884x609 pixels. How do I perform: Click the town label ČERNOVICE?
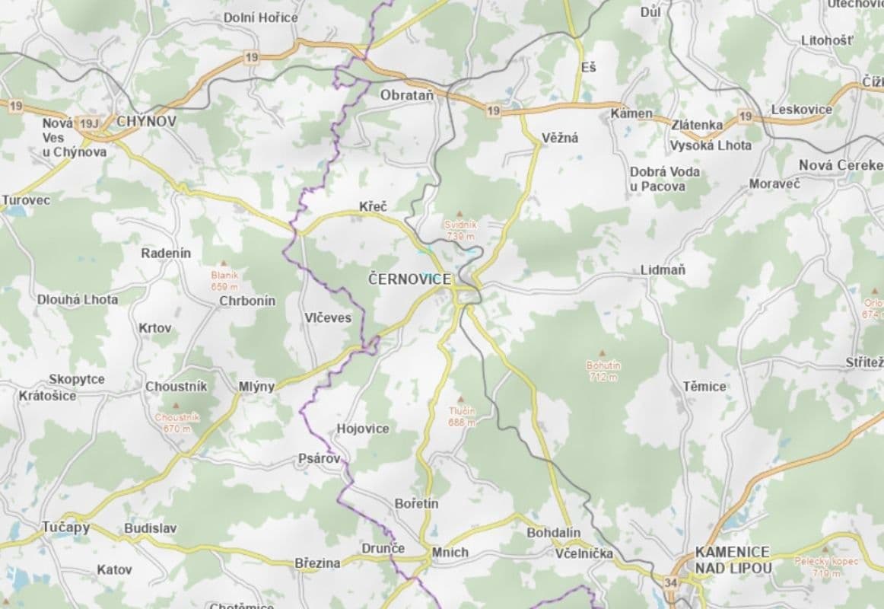coord(409,279)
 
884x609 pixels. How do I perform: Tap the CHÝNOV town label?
coord(146,121)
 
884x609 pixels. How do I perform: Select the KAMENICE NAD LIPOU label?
coord(733,560)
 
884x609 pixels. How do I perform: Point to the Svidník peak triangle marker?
coord(459,215)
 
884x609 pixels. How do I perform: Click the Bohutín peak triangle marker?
coord(602,353)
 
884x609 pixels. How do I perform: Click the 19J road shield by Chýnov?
coord(88,123)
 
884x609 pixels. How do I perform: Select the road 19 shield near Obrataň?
coord(494,111)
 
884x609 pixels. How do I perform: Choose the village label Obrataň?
coord(406,95)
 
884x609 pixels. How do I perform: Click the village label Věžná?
coord(560,138)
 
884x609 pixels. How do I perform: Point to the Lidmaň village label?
coord(663,269)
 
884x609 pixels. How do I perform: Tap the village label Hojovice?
coord(363,429)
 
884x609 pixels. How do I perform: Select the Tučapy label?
coord(66,527)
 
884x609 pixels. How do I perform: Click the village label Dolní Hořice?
coord(261,18)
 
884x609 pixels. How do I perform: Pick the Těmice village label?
coord(704,386)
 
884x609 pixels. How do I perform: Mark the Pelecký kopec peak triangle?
coord(826,549)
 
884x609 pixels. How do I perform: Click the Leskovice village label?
coord(802,110)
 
